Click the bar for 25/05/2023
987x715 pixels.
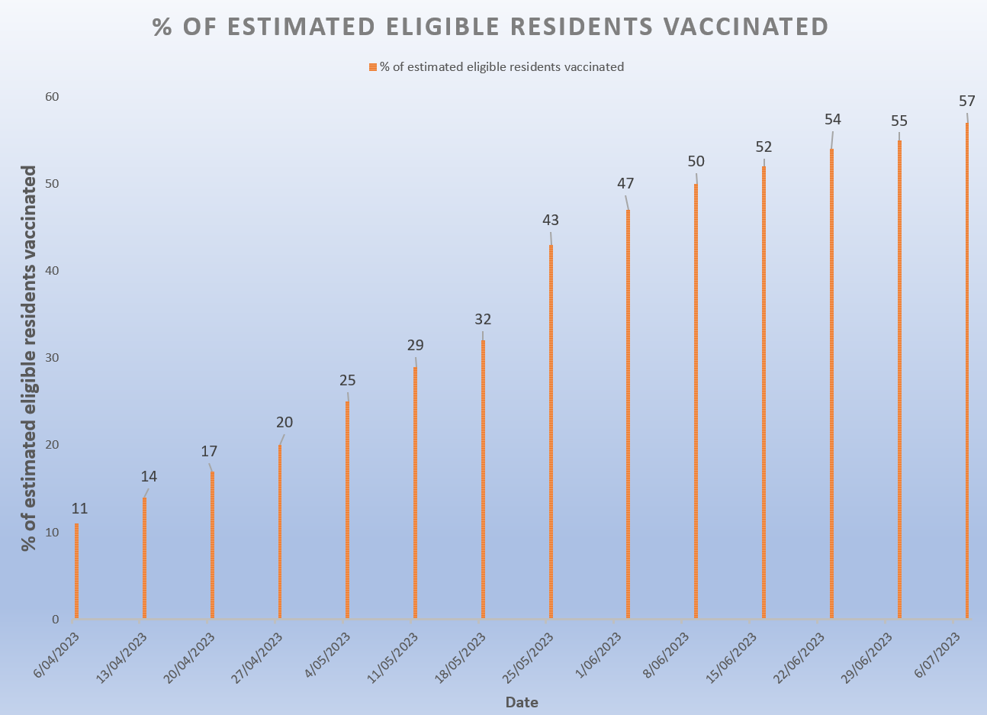pos(551,431)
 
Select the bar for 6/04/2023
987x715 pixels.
pos(76,570)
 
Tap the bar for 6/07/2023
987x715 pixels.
pos(966,370)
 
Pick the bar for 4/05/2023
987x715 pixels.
pos(347,509)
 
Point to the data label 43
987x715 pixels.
pos(550,220)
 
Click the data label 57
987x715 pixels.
pos(966,101)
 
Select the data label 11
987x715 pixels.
pos(80,508)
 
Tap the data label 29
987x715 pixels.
pos(415,345)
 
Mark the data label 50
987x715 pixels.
pos(695,161)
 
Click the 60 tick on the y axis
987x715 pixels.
pos(52,97)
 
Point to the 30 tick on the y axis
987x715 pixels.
pos(52,358)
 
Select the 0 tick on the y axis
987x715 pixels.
pos(55,619)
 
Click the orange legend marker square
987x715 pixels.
pos(372,67)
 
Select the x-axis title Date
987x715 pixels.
pos(522,702)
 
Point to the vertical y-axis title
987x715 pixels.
pos(29,358)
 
